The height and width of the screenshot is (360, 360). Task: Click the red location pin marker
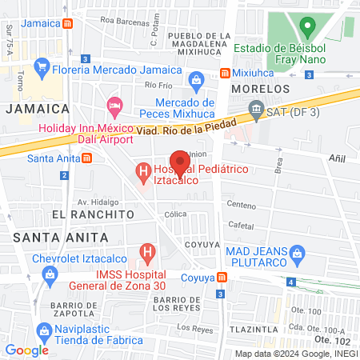(180, 162)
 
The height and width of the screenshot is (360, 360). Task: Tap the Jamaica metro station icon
(70, 23)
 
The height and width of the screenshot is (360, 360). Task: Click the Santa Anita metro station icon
(86, 158)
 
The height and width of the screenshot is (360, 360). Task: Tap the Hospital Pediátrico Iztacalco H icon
(143, 170)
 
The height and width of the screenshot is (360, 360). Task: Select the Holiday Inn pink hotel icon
(115, 105)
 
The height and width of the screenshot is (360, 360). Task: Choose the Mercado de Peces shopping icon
(196, 80)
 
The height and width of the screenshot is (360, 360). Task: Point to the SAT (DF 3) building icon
(256, 108)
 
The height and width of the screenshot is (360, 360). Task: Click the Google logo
(26, 350)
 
